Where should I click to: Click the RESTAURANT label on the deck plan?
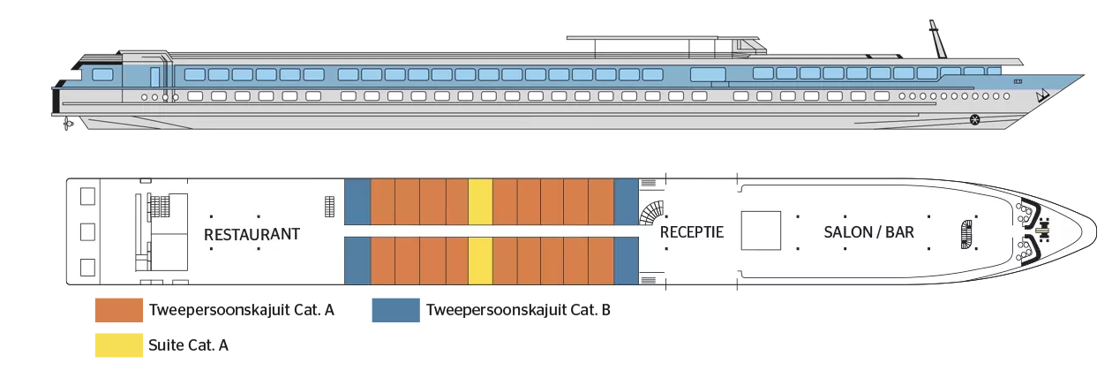[252, 234]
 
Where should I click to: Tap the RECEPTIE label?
[691, 232]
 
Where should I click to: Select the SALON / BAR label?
[868, 232]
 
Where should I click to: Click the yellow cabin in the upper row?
[479, 200]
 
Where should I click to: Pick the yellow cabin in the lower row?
[479, 261]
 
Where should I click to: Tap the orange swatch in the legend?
[118, 311]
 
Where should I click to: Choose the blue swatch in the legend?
[395, 311]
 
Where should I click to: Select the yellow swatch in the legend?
[118, 345]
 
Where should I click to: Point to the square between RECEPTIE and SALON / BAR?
[760, 231]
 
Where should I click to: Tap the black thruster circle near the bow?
[974, 119]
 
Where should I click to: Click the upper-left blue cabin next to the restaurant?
[357, 200]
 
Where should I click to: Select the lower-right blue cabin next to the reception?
[625, 261]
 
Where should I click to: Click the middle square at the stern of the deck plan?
[86, 232]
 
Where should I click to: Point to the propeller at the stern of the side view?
[67, 125]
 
